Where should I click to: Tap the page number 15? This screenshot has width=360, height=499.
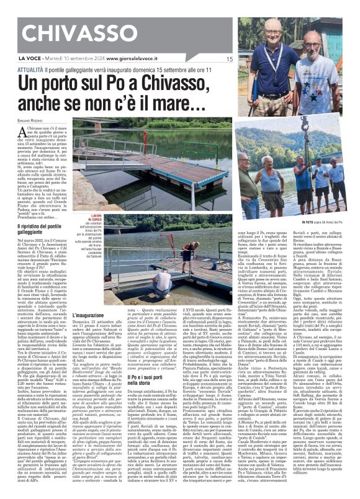[x=229, y=59]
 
